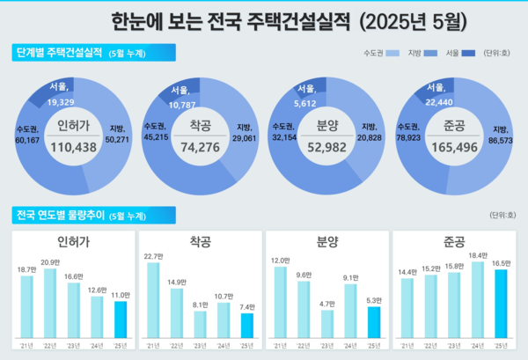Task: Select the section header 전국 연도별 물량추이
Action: coord(68,214)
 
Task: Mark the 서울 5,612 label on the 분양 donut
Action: coord(306,95)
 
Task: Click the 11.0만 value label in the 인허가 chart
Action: coord(121,294)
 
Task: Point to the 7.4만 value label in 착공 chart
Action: coord(247,306)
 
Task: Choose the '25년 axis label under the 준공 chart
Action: coord(502,345)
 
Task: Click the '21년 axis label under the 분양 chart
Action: coord(280,345)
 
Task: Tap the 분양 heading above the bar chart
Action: coord(327,240)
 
